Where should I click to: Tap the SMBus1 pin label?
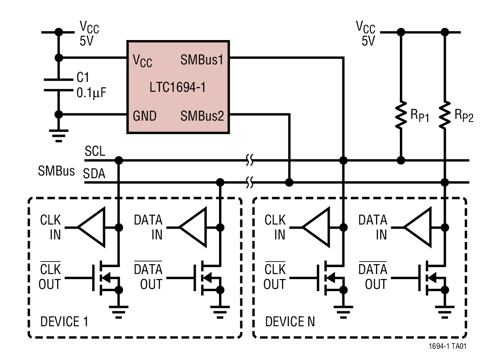(x=202, y=60)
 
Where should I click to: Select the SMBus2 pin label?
(x=202, y=116)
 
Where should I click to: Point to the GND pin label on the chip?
(x=145, y=116)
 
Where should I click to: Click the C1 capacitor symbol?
(x=58, y=85)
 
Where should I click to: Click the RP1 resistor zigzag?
(x=400, y=115)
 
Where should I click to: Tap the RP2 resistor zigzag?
(x=445, y=115)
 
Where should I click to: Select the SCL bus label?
(x=94, y=152)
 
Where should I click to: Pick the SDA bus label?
(x=94, y=174)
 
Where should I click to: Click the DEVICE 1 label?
(x=64, y=322)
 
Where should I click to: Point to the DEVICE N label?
(x=290, y=322)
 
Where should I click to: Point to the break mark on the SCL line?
(x=250, y=160)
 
